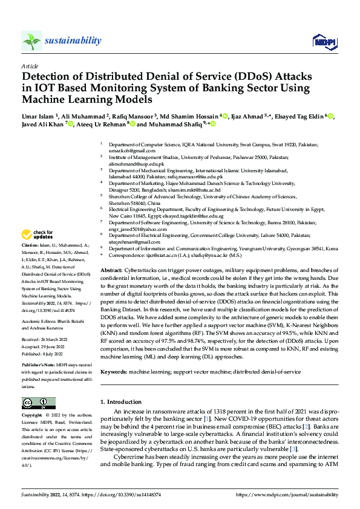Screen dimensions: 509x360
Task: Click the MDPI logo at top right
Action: (323, 41)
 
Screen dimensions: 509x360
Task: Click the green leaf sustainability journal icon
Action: (31, 41)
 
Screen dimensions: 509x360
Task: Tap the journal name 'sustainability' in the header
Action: (73, 41)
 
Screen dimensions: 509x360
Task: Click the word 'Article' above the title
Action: (30, 66)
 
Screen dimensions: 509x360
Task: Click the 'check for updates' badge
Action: (38, 234)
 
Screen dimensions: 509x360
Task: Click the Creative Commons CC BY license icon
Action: (38, 403)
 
